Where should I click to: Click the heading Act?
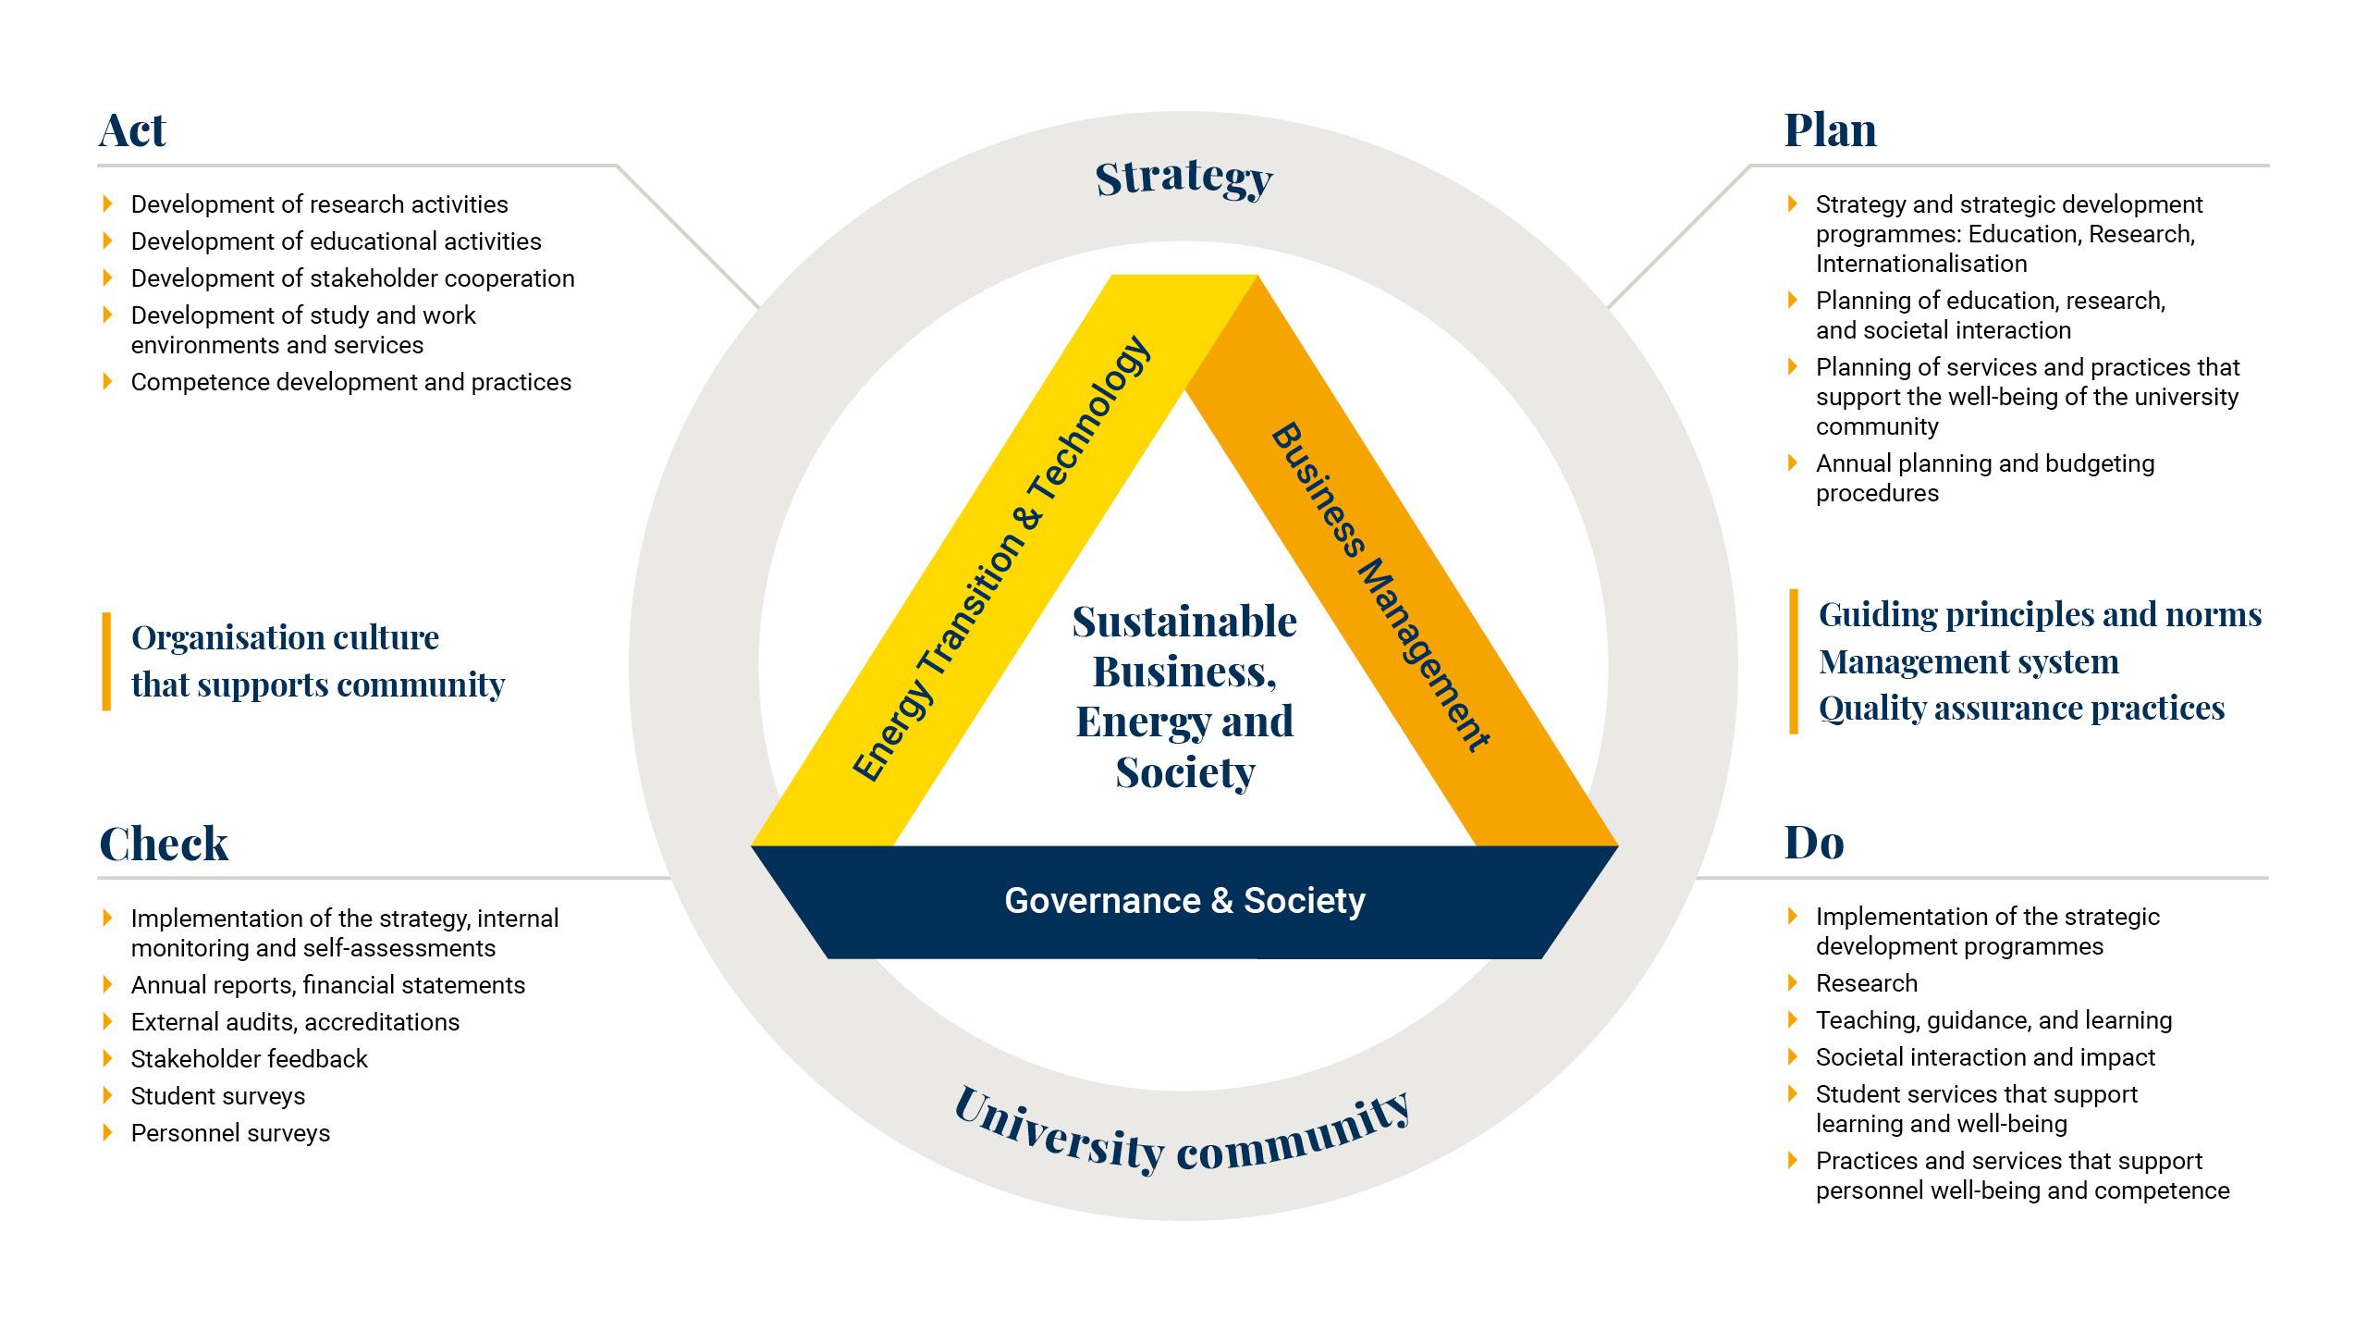coord(132,129)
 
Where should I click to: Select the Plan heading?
coord(1830,129)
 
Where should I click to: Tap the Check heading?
coord(164,844)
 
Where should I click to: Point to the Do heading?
coord(1814,843)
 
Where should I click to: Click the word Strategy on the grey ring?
coord(1184,179)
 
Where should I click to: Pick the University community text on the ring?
coord(1182,1130)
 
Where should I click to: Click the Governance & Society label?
coord(1184,901)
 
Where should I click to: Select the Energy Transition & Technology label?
coord(1001,558)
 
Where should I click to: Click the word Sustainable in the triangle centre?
coord(1184,622)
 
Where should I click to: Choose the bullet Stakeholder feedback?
coord(249,1059)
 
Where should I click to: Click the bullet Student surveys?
coord(217,1096)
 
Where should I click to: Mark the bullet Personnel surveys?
coord(230,1133)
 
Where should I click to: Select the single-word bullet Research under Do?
coord(1866,983)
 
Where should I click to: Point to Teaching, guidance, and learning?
coord(1993,1020)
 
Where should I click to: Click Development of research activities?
coord(319,204)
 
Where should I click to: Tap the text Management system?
coord(1968,662)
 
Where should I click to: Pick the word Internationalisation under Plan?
coord(1921,264)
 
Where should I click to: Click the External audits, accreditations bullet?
coord(295,1022)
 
